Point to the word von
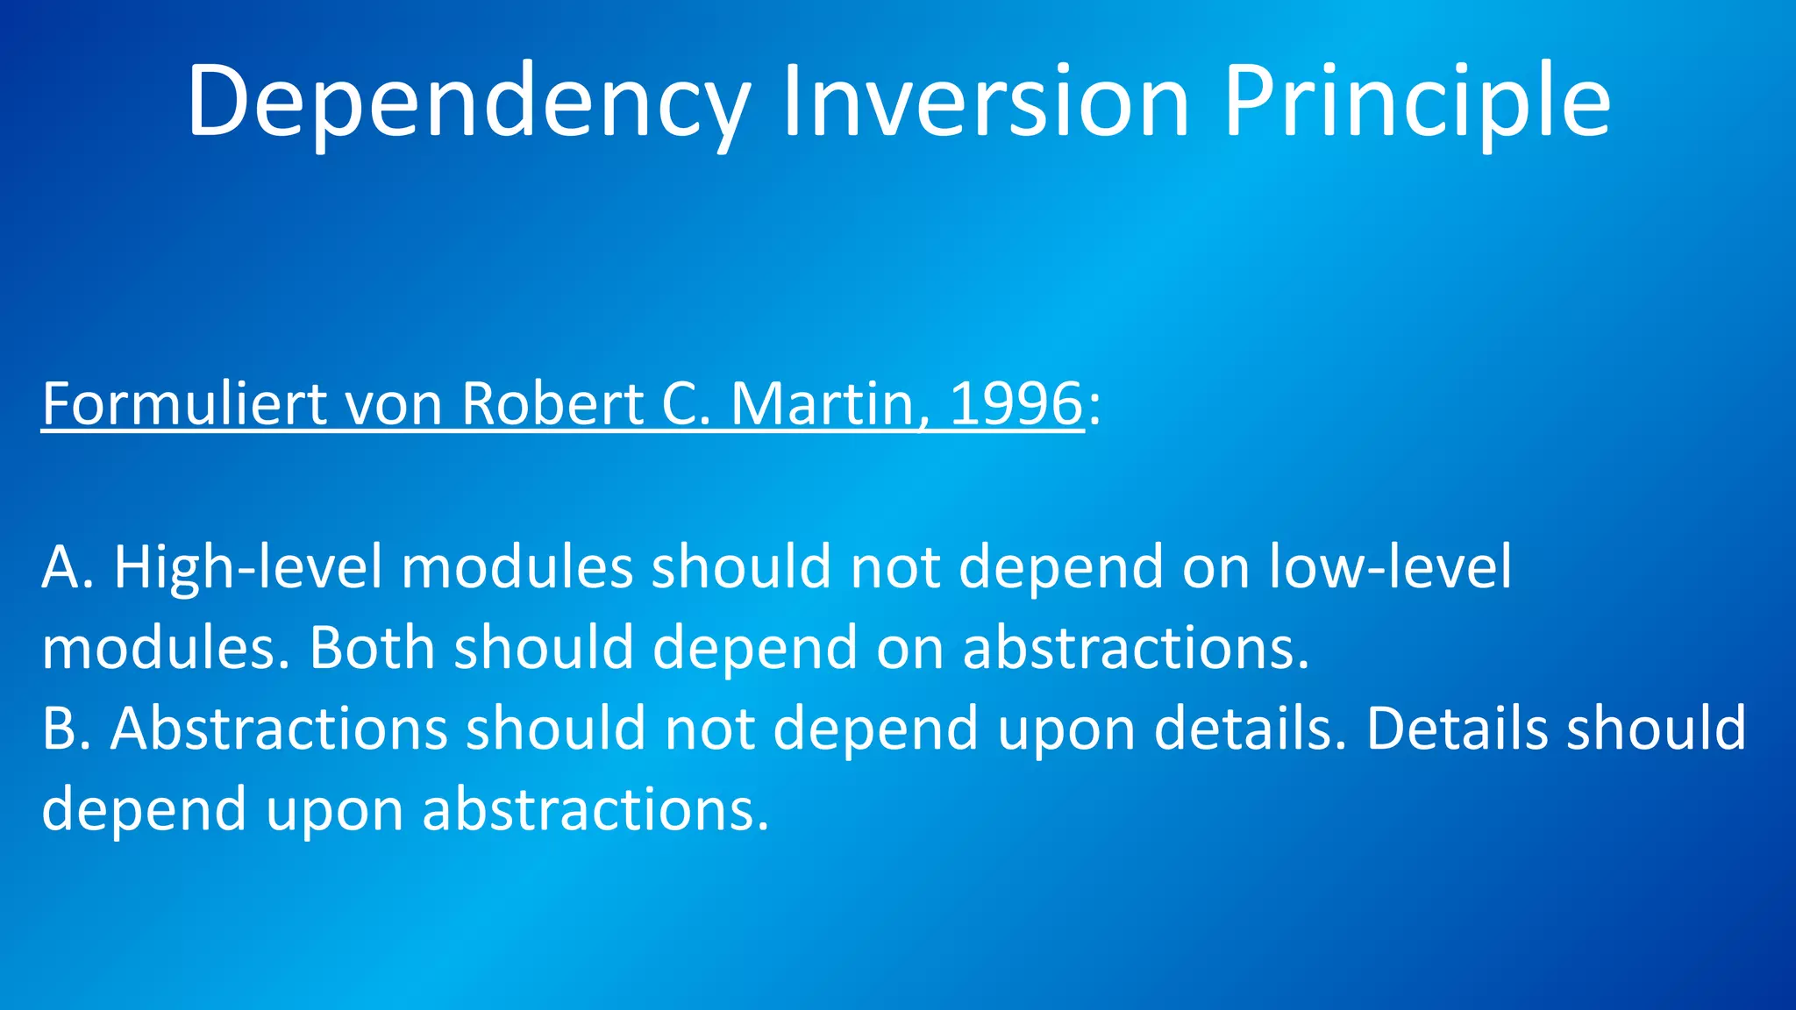pyautogui.click(x=394, y=404)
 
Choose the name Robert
pyautogui.click(x=552, y=404)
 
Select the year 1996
pyautogui.click(x=1016, y=404)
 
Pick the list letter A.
pyautogui.click(x=61, y=567)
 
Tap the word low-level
pyautogui.click(x=1390, y=567)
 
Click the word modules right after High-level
pyautogui.click(x=517, y=567)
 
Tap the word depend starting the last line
pyautogui.click(x=144, y=809)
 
